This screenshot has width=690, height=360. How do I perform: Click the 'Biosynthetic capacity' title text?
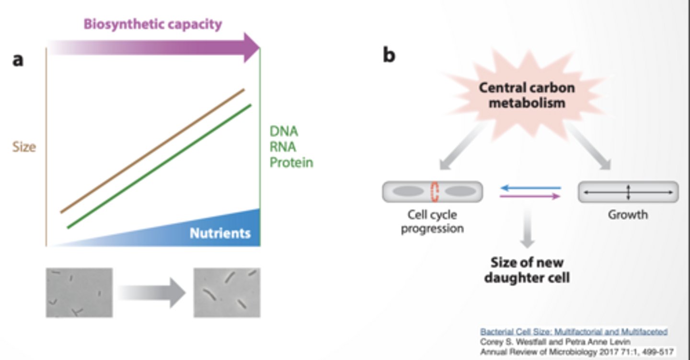tap(152, 24)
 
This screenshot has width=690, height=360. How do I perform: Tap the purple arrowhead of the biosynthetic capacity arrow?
tap(251, 47)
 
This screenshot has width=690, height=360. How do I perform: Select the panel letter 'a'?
tap(18, 60)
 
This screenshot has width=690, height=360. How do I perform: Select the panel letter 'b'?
tap(389, 56)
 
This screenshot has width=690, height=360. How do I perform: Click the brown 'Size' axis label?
tap(24, 147)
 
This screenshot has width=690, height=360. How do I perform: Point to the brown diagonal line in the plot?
tap(152, 150)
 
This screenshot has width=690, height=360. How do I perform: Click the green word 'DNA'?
tap(284, 131)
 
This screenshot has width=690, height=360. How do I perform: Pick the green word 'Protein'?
tap(291, 163)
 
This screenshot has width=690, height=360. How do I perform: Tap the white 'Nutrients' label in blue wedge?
tap(220, 233)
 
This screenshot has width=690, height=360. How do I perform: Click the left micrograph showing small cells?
tap(79, 292)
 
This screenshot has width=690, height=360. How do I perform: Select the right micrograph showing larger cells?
tap(227, 292)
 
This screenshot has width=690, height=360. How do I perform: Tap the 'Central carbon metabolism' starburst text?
tap(527, 95)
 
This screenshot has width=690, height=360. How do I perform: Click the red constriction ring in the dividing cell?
tap(435, 191)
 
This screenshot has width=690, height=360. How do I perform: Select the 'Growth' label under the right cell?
tap(628, 215)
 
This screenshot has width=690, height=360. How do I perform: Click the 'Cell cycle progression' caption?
tap(432, 221)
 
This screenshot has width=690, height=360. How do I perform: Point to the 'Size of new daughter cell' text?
tap(527, 270)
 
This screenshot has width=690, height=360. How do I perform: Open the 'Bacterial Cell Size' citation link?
tap(574, 332)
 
